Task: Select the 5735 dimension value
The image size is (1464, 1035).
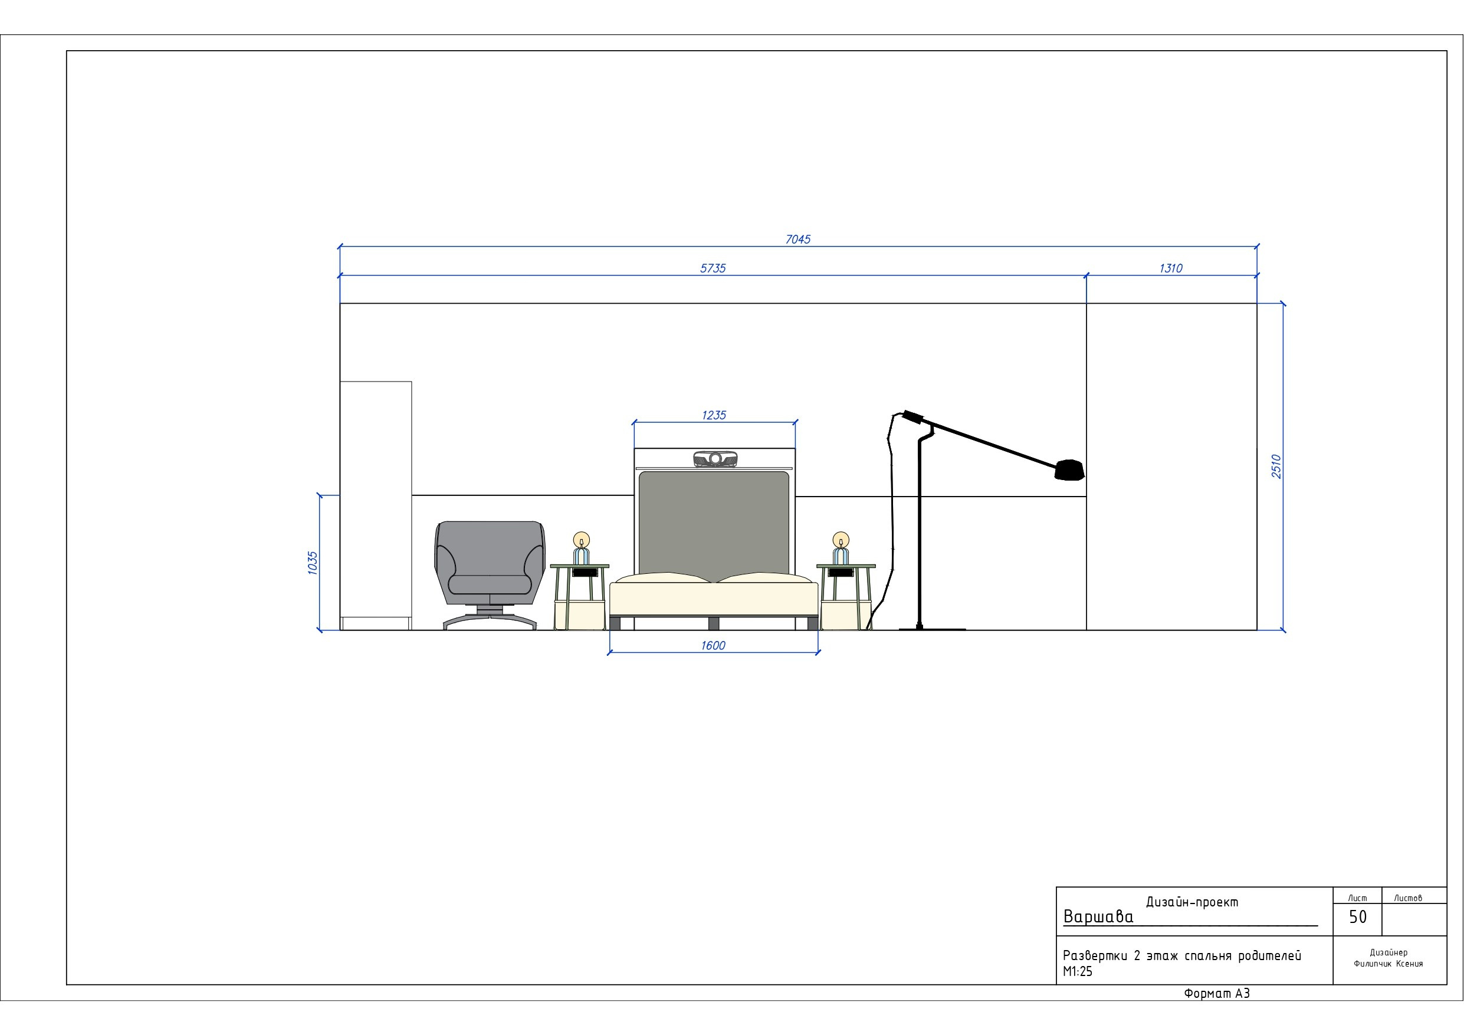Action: (713, 268)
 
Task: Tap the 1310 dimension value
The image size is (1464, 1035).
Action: (1171, 268)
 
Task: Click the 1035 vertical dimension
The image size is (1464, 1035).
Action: (313, 563)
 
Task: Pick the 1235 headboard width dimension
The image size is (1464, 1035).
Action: (714, 415)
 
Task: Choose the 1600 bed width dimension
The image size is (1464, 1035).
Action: (713, 645)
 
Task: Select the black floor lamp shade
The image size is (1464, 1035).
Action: (1069, 470)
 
